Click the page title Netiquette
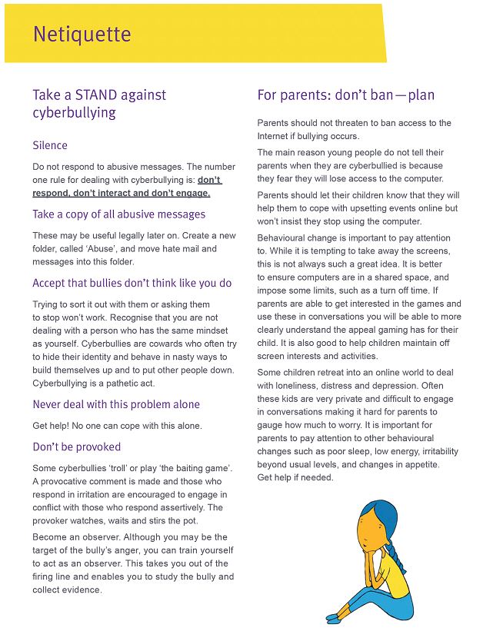(82, 35)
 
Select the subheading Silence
(50, 145)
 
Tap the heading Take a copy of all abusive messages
(119, 214)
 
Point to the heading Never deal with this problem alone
(116, 404)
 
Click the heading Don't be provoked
(77, 447)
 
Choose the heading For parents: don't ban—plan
(346, 95)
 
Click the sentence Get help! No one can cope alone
(117, 426)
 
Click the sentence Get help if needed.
(295, 477)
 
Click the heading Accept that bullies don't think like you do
(132, 284)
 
